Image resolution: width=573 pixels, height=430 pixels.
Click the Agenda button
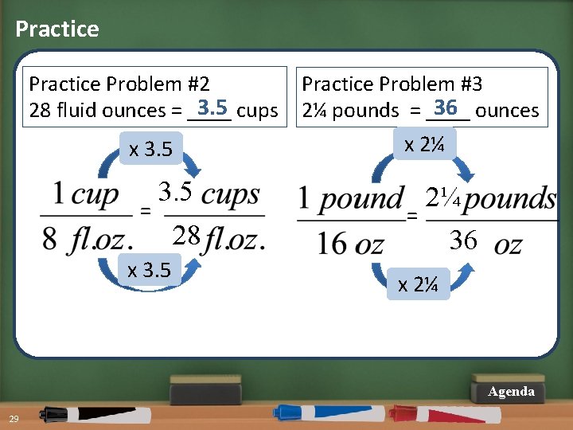[x=511, y=391]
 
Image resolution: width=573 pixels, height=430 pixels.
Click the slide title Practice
[x=57, y=29]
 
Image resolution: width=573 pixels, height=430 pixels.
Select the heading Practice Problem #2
[x=119, y=84]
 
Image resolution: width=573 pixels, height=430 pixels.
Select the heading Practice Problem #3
[x=392, y=84]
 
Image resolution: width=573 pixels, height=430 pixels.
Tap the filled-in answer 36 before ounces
[x=446, y=107]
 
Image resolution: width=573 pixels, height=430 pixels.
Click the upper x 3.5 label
[x=150, y=149]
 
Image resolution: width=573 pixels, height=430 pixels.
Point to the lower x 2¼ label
[x=418, y=283]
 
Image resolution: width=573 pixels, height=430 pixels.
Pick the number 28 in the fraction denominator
[x=187, y=236]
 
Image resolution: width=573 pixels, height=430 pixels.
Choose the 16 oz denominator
[x=350, y=244]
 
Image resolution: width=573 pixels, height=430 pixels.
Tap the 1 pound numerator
[x=351, y=199]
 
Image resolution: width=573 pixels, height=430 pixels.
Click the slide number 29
[x=14, y=420]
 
